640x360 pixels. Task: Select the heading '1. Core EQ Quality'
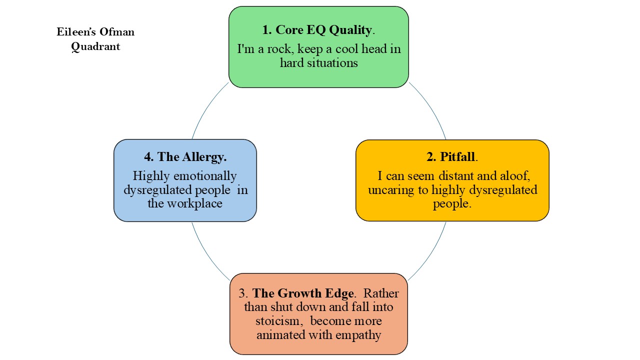click(317, 30)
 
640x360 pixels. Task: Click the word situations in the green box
click(332, 63)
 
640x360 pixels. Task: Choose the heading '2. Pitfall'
click(451, 156)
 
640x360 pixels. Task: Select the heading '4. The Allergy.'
click(185, 156)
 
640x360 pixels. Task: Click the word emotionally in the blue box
click(205, 176)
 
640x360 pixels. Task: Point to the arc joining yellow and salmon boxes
click(431, 255)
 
